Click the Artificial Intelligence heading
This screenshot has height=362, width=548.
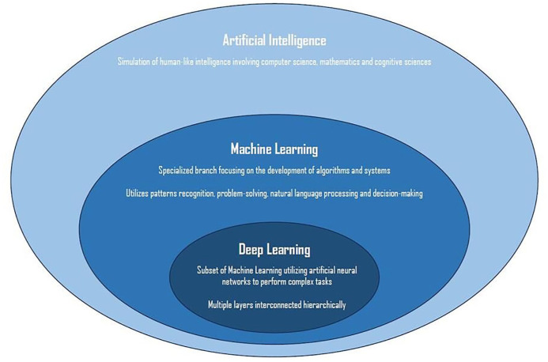coord(274,40)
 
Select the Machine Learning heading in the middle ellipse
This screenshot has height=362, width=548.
coord(274,149)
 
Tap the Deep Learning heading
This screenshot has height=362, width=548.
coord(274,250)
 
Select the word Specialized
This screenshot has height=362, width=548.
coord(180,171)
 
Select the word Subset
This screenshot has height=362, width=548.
coord(208,270)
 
